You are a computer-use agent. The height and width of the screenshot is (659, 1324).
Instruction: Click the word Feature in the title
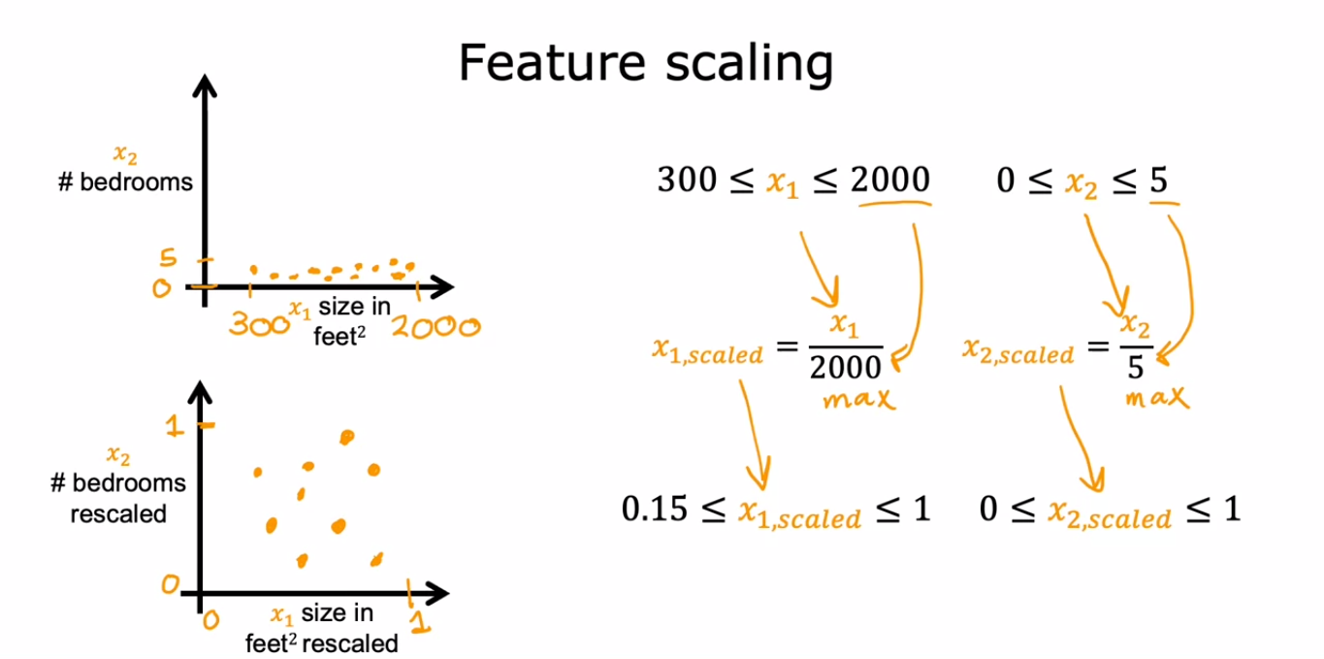point(552,62)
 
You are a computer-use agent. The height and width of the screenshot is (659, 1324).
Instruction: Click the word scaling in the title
point(750,64)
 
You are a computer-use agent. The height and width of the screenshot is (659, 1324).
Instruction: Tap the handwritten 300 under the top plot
point(259,323)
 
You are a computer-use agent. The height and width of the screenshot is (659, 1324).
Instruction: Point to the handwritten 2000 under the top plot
point(436,326)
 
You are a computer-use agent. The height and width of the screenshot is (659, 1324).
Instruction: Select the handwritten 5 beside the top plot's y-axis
point(168,257)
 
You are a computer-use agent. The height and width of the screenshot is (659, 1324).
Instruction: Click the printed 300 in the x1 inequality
point(687,180)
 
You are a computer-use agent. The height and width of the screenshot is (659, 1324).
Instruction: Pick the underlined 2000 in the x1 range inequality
point(890,180)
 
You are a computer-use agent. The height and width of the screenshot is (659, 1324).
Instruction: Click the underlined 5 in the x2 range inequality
point(1159,180)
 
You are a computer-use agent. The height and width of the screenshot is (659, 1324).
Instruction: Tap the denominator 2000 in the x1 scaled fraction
point(845,367)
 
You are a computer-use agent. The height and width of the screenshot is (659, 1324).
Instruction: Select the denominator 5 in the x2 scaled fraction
point(1136,367)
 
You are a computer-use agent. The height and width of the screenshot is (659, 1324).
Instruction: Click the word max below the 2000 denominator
point(859,399)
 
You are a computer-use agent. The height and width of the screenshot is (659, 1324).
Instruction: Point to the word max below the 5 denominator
point(1157,397)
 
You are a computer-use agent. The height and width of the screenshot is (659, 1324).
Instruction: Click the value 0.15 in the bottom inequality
point(655,509)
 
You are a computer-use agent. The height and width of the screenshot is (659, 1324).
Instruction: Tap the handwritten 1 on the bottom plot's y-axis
point(175,425)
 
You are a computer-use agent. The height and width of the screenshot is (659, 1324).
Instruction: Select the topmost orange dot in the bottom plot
point(347,437)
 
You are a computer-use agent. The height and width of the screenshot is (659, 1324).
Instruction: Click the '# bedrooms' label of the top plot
point(125,181)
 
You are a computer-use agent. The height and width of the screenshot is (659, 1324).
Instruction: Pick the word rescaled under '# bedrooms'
point(118,513)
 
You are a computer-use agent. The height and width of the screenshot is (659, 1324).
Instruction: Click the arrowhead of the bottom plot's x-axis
point(437,593)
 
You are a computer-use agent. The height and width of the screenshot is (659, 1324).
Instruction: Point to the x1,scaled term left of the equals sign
point(707,351)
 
